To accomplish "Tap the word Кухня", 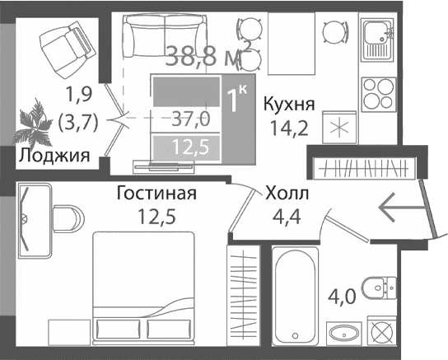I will pos(288,104).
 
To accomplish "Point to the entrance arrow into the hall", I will pos(399,206).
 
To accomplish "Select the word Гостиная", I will pos(156,194).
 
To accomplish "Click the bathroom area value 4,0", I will pos(342,293).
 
